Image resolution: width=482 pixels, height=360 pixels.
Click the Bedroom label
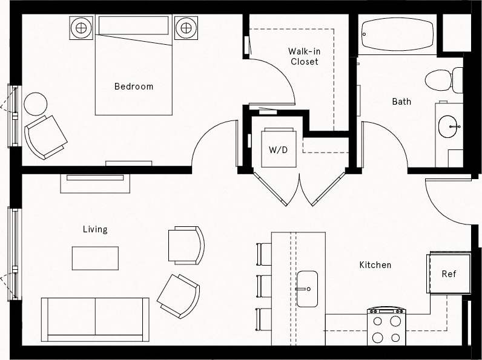pos(134,87)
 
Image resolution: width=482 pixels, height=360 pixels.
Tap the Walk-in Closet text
pos(304,56)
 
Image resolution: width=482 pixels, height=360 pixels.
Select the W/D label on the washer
pos(279,149)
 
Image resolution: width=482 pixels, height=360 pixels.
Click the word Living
pos(95,229)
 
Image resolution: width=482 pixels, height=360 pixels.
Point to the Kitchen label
pos(375,265)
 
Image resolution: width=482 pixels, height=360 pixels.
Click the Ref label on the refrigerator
pos(449,274)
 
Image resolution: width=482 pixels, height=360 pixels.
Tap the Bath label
pos(401,102)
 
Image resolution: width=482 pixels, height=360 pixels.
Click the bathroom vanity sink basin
pos(448,126)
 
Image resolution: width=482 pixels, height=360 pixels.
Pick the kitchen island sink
pos(307,289)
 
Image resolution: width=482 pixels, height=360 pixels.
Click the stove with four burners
pos(386,327)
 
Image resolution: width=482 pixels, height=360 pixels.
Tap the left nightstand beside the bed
pos(81,27)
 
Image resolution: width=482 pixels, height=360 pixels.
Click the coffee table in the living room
pos(96,258)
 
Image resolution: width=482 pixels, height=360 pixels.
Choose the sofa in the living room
pos(95,318)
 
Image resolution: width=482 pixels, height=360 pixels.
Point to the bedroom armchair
pos(45,136)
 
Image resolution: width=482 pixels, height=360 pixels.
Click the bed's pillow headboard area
pos(133,25)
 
